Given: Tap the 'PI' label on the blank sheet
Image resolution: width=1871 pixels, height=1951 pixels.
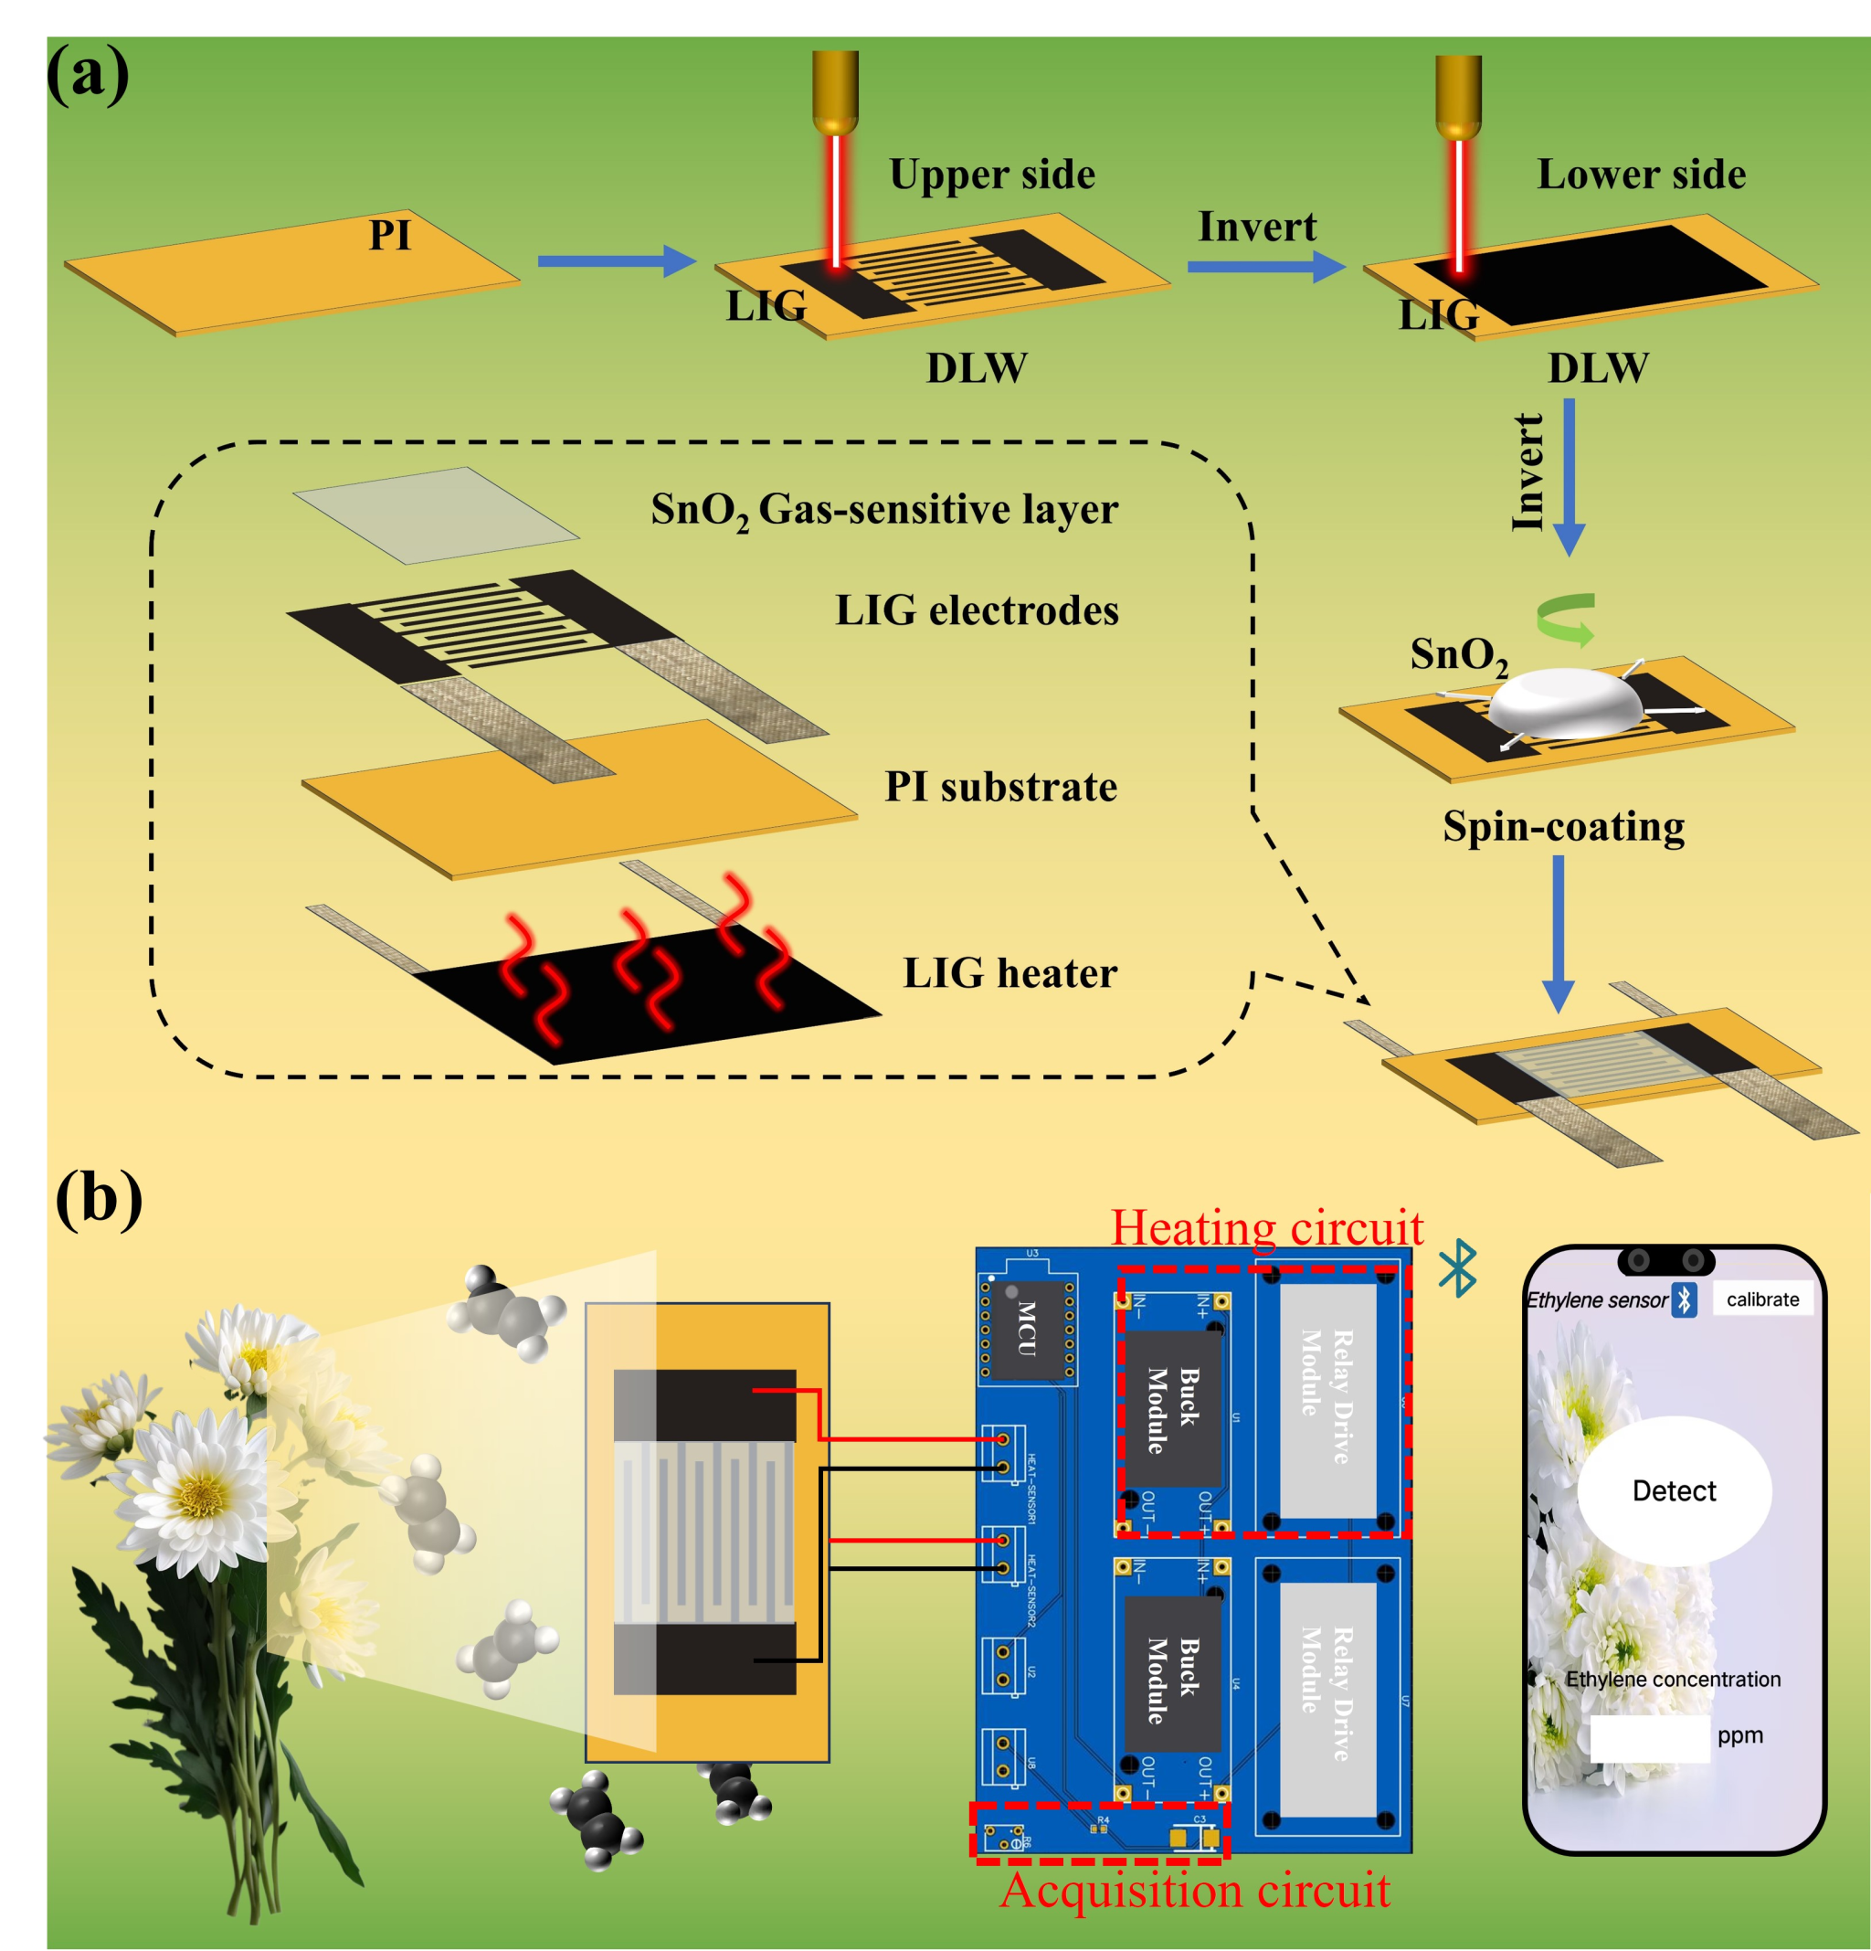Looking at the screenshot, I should tap(389, 236).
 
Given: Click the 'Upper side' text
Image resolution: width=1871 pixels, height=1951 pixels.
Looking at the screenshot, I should tap(991, 175).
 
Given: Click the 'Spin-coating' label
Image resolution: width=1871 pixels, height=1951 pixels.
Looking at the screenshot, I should tap(1563, 826).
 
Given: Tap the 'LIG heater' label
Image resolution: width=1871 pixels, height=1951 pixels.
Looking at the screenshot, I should tap(1009, 972).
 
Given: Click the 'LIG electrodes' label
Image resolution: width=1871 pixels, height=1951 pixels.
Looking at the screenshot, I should tap(977, 610).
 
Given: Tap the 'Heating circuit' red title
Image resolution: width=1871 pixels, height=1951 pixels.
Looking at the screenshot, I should tap(1266, 1227).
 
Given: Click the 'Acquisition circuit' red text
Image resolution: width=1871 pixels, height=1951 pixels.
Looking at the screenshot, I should tap(1195, 1889).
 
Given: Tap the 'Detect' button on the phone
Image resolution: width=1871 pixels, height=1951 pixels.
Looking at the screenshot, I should tap(1674, 1490).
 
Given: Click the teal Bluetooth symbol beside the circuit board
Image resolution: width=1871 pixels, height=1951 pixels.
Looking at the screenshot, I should tap(1458, 1268).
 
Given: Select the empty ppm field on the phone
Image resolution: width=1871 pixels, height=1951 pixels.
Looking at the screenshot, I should tap(1648, 1737).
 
